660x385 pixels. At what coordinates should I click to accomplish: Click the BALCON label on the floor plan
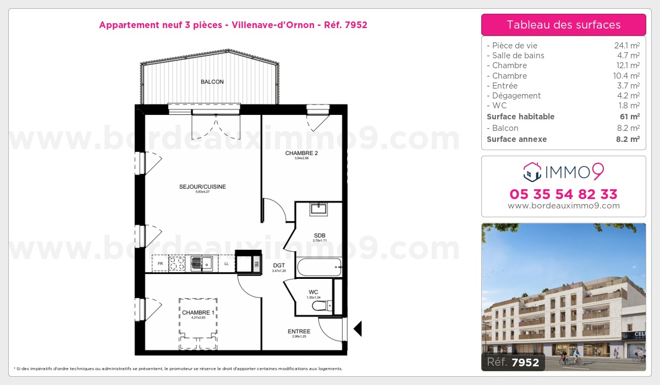(x=212, y=82)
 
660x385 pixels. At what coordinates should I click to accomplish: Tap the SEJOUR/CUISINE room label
(x=202, y=187)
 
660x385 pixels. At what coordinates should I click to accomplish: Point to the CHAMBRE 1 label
(x=199, y=312)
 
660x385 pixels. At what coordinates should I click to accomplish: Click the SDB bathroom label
(x=320, y=236)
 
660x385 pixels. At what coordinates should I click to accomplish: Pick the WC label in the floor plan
(x=313, y=292)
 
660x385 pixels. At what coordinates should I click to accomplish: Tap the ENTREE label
(x=299, y=332)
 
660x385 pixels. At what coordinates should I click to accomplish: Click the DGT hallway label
(x=279, y=265)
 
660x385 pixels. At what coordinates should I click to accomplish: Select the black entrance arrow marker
(x=358, y=329)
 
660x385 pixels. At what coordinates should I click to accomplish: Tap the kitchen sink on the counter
(x=206, y=263)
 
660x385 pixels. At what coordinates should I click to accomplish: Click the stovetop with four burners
(x=177, y=263)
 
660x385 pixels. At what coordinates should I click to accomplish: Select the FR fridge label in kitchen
(x=160, y=264)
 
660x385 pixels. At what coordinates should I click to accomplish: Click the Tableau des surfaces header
(x=564, y=25)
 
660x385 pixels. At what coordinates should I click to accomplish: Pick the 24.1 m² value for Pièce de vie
(x=626, y=46)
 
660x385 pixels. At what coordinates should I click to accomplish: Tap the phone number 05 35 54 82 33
(x=564, y=194)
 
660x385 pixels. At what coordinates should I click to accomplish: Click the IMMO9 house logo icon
(x=531, y=172)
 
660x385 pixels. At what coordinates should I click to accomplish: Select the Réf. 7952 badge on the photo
(x=513, y=362)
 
